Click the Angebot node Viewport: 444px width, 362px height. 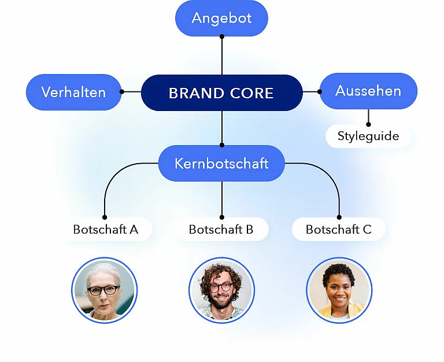[221, 18]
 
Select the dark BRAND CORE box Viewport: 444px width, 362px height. [221, 93]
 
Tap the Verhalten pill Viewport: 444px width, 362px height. [73, 92]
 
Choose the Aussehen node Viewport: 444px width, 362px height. [368, 91]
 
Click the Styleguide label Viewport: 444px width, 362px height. [368, 136]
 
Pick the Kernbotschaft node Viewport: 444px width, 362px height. [221, 163]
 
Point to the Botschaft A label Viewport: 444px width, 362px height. [105, 230]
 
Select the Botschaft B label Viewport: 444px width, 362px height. [221, 230]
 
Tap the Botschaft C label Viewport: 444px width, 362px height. [338, 230]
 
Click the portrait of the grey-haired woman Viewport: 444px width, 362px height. [104, 290]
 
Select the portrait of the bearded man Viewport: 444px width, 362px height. [221, 290]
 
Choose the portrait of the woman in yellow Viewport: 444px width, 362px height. [338, 290]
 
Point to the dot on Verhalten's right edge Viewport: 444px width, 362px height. [122, 92]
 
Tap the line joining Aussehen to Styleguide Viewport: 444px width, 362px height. [368, 117]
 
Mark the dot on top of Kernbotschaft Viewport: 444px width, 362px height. [222, 145]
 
